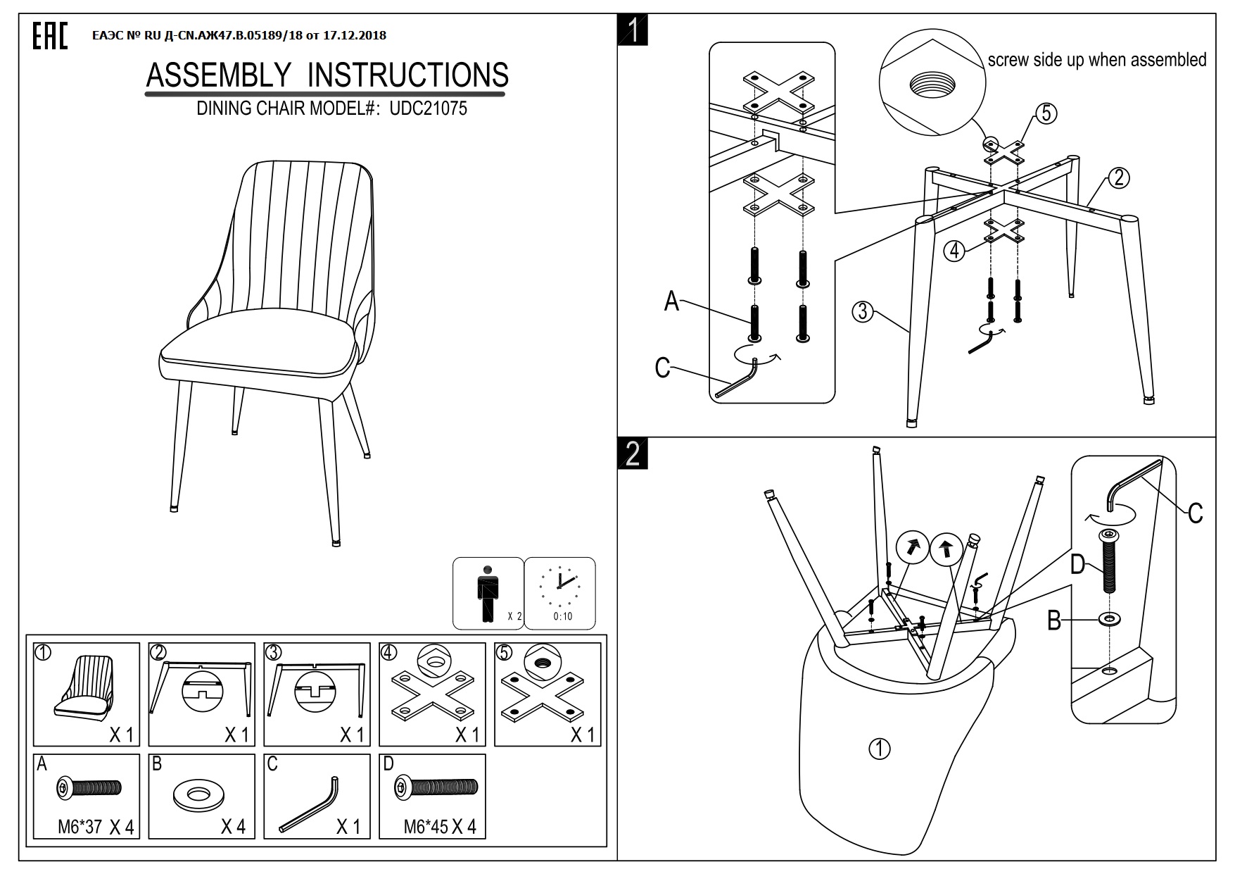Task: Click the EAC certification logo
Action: [50, 36]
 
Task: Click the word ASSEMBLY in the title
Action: [218, 75]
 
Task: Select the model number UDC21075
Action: [428, 108]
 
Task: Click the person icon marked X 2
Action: [488, 592]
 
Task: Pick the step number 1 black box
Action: [633, 31]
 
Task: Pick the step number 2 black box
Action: [633, 454]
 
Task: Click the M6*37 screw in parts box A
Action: [89, 788]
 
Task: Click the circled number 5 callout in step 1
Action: [1046, 113]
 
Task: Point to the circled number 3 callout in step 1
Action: [863, 311]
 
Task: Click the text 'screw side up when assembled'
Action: [1096, 60]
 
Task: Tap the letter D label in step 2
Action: [1077, 565]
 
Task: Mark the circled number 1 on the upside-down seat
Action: [880, 749]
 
